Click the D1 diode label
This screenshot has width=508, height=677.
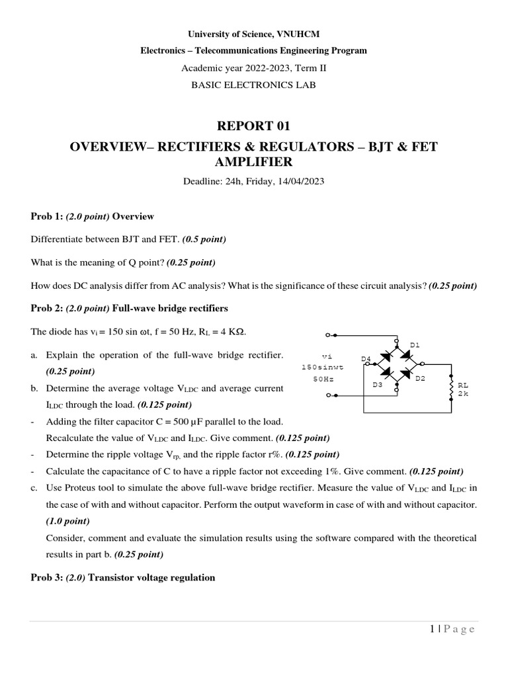click(415, 345)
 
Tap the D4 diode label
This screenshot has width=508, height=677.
click(366, 359)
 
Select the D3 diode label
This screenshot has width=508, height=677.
click(377, 384)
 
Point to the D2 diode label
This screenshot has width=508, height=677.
click(420, 378)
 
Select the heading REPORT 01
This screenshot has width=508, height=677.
click(253, 126)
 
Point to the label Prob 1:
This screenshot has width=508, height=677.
click(47, 216)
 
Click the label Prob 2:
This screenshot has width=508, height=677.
click(47, 308)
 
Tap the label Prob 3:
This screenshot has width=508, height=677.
click(47, 577)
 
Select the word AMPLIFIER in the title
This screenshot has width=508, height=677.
click(254, 163)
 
